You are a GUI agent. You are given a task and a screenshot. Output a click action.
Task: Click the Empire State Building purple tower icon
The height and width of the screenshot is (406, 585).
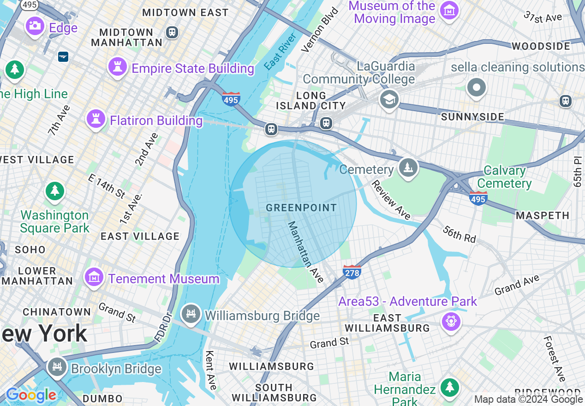coord(117,67)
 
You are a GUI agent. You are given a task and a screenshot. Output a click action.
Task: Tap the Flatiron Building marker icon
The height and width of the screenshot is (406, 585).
coord(96,119)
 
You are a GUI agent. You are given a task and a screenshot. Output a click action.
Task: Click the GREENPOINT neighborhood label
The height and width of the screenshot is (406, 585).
coord(301,208)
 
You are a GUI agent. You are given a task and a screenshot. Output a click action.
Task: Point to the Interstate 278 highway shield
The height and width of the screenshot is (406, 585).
coord(352,272)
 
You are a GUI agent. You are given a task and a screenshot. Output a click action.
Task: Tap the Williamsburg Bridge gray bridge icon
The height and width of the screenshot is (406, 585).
coord(191,314)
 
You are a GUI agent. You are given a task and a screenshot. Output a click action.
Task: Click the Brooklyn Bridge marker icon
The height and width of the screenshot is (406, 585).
coord(57,367)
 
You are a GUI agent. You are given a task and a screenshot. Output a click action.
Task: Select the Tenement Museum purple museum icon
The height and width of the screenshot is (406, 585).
coord(94,277)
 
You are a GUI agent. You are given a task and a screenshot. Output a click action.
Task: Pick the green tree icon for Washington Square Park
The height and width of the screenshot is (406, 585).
coord(55,191)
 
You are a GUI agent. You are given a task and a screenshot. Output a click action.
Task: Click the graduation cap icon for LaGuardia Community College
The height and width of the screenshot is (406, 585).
coord(389,99)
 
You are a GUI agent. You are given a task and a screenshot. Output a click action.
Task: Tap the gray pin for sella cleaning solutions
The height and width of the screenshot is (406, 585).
coord(477,88)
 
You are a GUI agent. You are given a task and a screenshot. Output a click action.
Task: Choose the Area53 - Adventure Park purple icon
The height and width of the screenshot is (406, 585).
coord(451,321)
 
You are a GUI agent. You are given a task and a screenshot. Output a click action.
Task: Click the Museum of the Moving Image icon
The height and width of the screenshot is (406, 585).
coord(449,11)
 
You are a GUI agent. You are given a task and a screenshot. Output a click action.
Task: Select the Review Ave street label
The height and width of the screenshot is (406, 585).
coord(391,199)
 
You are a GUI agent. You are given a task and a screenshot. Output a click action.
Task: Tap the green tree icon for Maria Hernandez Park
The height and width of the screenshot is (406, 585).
coord(449,387)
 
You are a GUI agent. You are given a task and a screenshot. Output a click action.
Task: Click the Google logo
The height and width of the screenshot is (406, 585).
coord(31,395)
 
